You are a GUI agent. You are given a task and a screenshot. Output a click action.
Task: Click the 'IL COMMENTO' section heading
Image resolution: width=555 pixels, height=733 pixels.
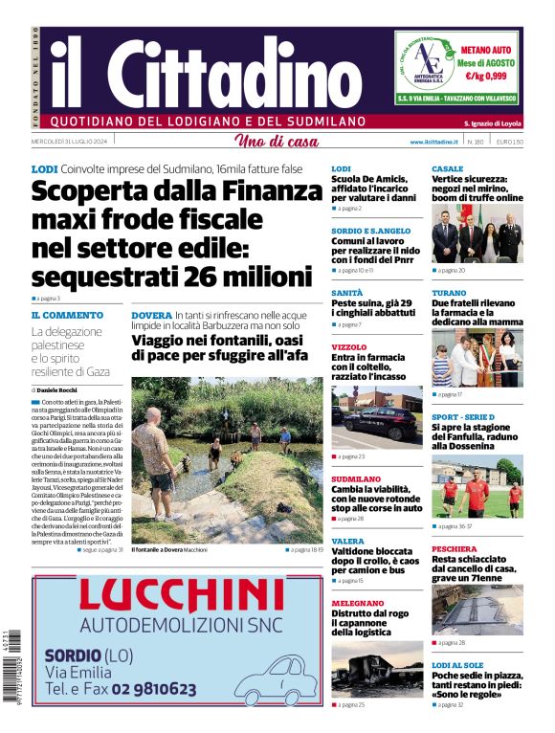67,315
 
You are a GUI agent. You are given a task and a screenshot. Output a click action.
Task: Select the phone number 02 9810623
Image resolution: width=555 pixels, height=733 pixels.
144,688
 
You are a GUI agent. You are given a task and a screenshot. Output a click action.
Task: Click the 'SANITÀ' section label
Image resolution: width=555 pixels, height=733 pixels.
347,293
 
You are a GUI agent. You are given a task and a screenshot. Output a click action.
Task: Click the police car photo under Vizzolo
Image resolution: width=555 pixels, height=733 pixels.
376,417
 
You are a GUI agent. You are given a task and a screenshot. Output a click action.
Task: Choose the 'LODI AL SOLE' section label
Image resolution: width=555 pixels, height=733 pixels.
457,664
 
